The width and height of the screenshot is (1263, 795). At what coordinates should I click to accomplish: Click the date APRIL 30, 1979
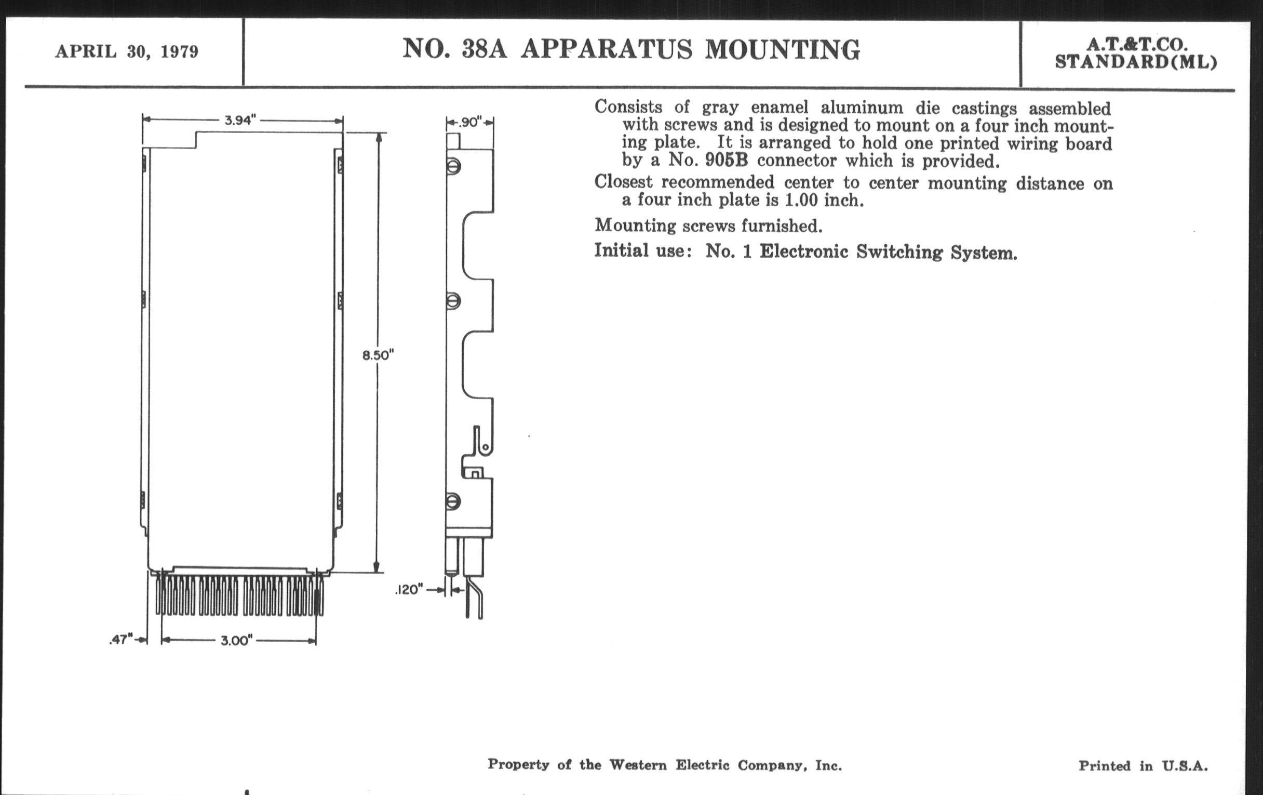coord(127,52)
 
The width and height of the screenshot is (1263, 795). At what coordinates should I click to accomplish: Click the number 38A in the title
coord(484,49)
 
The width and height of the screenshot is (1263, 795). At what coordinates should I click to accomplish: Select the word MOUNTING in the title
coord(782,50)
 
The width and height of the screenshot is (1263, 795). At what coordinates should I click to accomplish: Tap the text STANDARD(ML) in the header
coord(1136,62)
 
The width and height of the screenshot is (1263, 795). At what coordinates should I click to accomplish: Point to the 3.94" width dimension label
coord(240,120)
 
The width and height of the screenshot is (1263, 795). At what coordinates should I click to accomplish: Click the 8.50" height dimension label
coord(378,355)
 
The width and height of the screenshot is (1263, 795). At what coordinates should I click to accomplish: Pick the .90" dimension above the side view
coord(469,122)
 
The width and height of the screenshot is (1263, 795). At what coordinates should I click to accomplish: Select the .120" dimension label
coord(409,590)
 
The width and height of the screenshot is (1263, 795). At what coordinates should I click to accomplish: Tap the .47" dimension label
coord(121,640)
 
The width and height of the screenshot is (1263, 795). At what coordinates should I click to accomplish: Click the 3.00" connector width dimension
coord(236,640)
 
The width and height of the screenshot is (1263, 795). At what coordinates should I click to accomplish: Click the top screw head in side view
coord(454,167)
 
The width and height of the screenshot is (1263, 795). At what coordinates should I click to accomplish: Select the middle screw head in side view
coord(454,301)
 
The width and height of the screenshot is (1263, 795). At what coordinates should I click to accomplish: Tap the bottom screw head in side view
coord(454,501)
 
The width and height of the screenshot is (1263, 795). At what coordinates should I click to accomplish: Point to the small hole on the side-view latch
coord(486,447)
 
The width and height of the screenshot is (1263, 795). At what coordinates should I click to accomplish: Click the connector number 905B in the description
coord(727,160)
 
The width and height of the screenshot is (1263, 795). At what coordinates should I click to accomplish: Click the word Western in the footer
coord(637,765)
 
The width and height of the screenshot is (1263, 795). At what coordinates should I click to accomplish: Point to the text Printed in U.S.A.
coord(1143,766)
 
